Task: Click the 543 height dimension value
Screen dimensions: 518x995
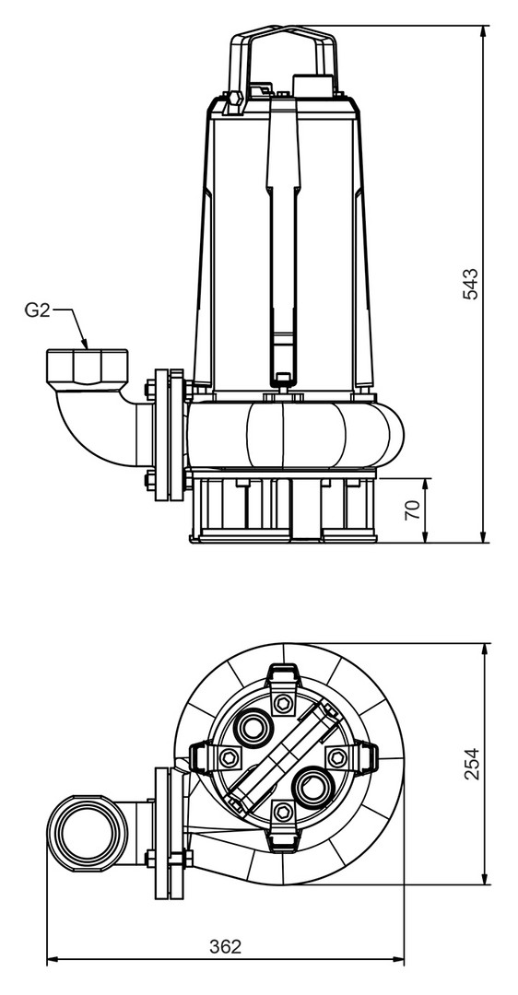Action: click(470, 285)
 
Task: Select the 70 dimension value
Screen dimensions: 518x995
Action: click(413, 509)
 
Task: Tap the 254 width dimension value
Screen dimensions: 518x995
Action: click(472, 764)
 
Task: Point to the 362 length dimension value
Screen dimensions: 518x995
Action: click(225, 946)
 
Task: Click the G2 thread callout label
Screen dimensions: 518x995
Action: click(37, 310)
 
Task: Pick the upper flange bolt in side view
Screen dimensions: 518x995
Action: click(150, 386)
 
